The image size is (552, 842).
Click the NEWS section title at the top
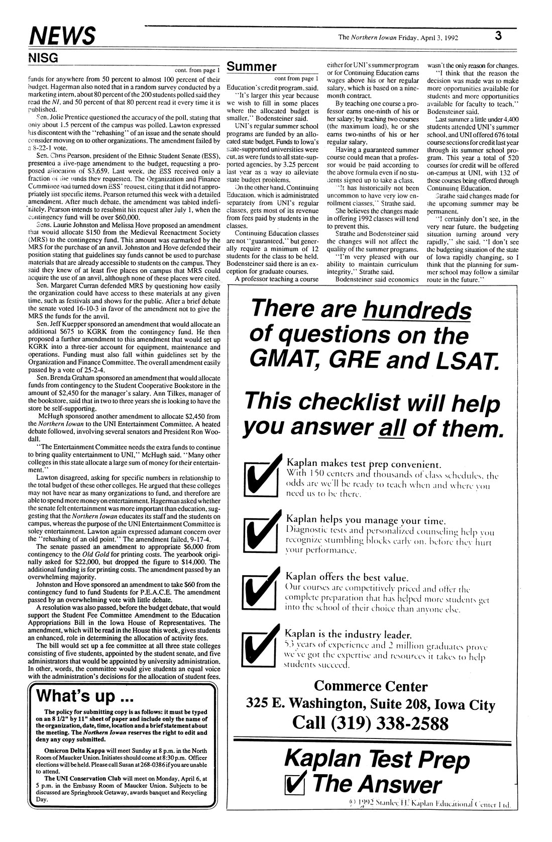[x=63, y=36]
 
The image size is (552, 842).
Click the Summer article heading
[x=252, y=67]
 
